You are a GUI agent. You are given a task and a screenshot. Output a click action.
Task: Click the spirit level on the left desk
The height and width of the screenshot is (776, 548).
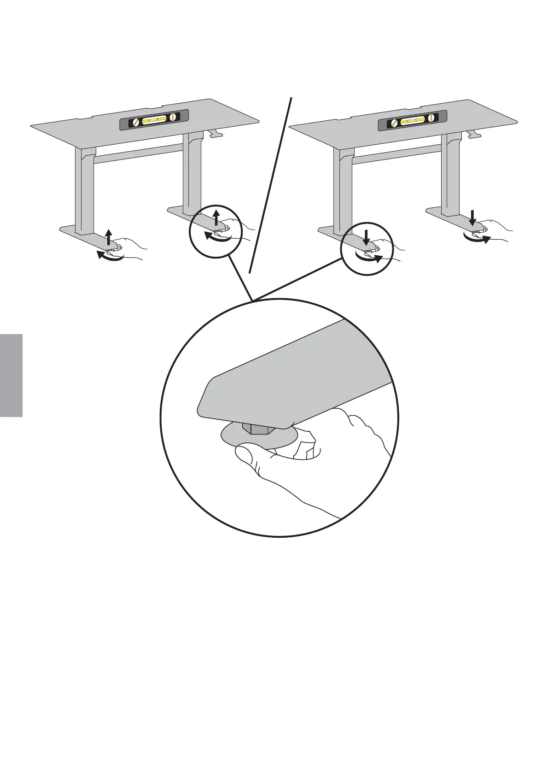tap(154, 121)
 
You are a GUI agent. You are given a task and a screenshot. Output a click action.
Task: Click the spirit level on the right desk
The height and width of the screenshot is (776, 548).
tap(412, 121)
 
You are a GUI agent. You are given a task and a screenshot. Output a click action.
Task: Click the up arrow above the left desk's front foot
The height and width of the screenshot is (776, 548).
tap(108, 237)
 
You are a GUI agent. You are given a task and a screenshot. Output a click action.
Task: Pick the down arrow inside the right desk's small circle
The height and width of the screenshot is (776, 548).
tap(366, 237)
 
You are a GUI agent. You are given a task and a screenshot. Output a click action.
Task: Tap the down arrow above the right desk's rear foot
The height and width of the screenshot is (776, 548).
tap(473, 217)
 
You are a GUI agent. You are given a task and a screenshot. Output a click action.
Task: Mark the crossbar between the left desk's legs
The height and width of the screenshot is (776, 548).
tap(138, 153)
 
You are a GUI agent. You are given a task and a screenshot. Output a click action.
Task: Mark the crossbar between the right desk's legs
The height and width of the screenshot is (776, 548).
tap(396, 153)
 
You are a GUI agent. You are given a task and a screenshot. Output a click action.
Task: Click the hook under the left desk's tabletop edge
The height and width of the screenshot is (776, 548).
tap(215, 133)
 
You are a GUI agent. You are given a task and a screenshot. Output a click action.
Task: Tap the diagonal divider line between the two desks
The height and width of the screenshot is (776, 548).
tap(272, 184)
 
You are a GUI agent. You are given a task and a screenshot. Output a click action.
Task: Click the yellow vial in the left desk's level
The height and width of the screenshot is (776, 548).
tap(154, 121)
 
